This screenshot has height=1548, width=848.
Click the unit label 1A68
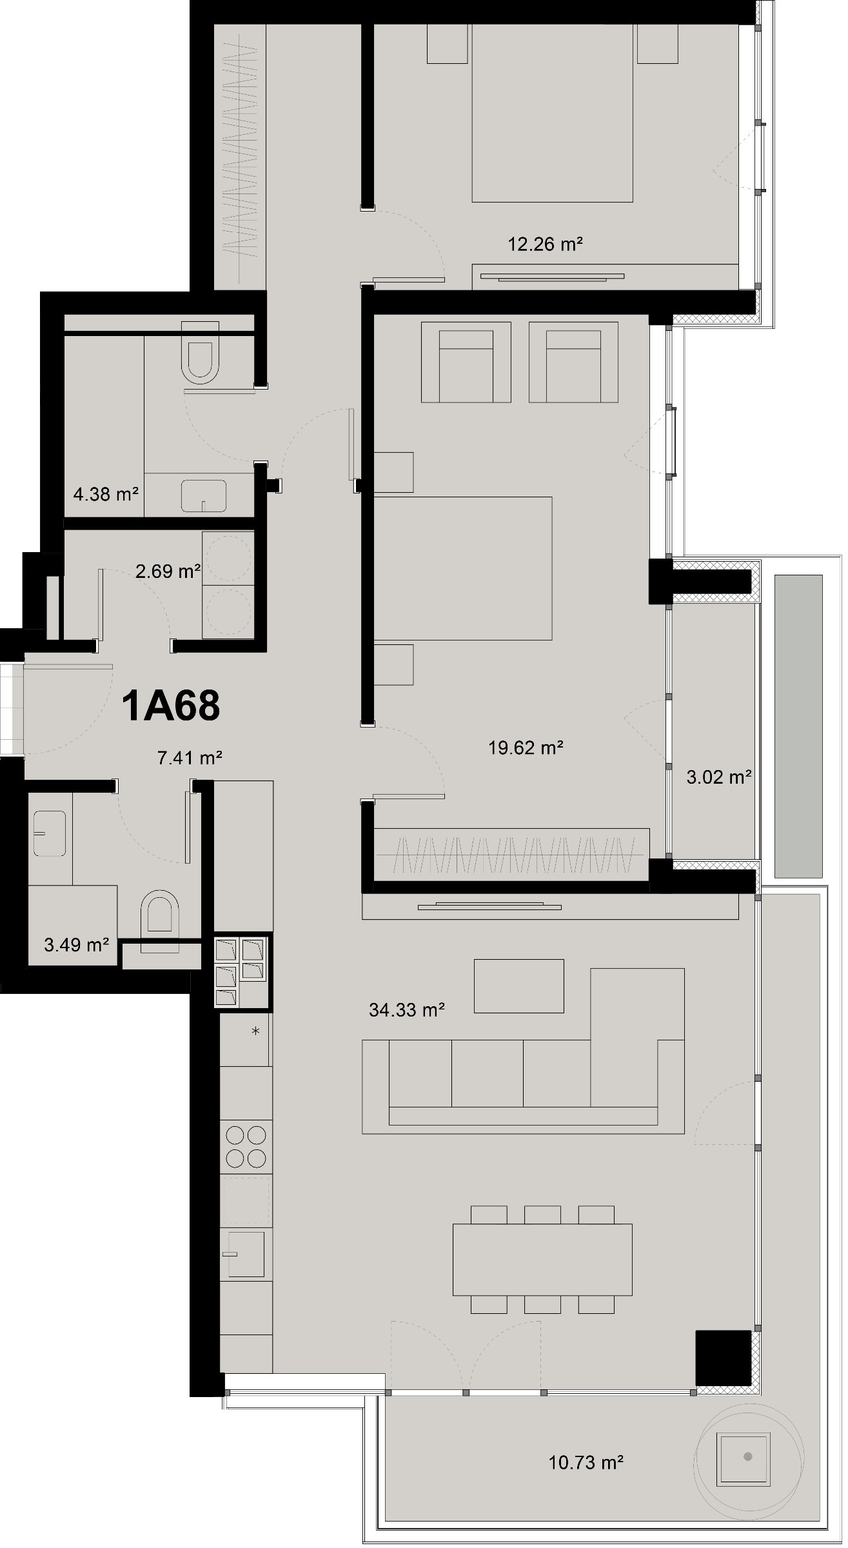pos(171,706)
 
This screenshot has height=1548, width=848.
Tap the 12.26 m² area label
pos(546,244)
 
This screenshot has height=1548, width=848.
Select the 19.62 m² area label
pos(526,748)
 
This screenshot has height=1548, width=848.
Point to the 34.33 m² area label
pos(407,1009)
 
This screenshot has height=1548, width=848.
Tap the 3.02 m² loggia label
pos(718,777)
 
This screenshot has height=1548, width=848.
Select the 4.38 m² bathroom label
pos(106,495)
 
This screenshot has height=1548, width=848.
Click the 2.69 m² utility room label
pos(168,571)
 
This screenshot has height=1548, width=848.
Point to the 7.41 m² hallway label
pos(190,758)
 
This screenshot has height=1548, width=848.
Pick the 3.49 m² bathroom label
pos(76,945)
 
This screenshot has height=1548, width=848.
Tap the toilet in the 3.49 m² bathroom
pos(160,915)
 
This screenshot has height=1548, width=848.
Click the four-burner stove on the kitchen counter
pos(246,1147)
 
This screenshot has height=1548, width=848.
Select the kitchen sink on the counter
pos(245,1255)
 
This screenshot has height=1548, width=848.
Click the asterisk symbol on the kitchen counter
pos(256,1031)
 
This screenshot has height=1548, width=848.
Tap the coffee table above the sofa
pos(518,986)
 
